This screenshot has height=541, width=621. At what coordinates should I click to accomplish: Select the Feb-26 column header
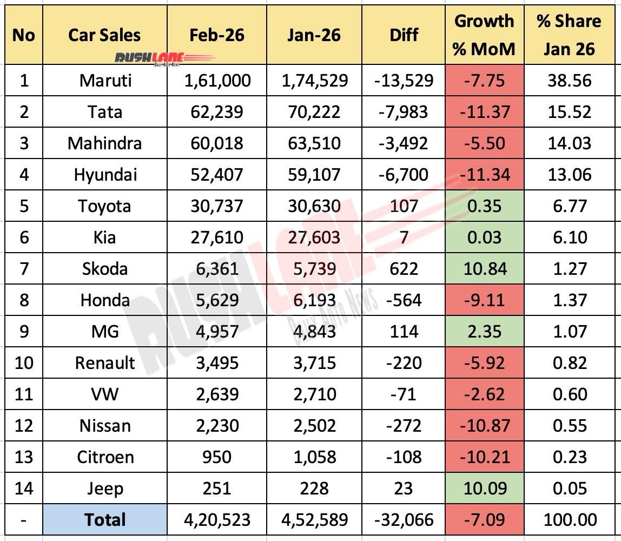(216, 35)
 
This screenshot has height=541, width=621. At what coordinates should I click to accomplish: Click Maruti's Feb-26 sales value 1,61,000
(216, 81)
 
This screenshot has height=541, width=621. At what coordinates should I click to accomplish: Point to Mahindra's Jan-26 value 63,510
(314, 143)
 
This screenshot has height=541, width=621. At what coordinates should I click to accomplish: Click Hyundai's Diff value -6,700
(404, 175)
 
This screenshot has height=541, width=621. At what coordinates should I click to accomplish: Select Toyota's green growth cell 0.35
(484, 206)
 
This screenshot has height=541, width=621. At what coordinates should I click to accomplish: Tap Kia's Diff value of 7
(404, 237)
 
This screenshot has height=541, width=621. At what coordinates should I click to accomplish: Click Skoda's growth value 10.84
(484, 269)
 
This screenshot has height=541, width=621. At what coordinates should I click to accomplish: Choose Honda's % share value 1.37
(567, 300)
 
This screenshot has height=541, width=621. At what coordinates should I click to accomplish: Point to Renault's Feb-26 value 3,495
(216, 363)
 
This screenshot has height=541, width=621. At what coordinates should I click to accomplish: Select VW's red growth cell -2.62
(484, 394)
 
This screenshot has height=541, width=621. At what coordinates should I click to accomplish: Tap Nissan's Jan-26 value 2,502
(314, 426)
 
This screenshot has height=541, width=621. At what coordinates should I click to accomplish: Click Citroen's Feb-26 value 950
(216, 457)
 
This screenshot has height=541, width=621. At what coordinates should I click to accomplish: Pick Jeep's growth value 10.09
(484, 489)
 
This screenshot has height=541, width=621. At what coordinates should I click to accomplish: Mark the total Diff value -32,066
(404, 520)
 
